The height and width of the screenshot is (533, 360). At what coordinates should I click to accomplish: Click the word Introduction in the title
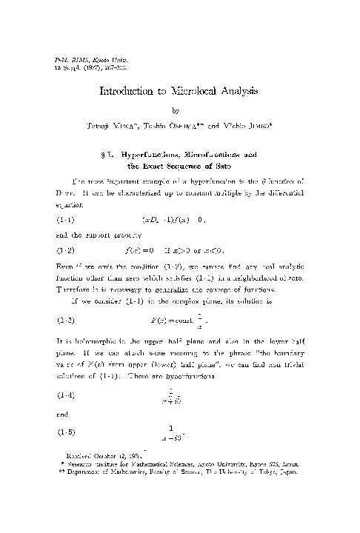[x=128, y=92]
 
